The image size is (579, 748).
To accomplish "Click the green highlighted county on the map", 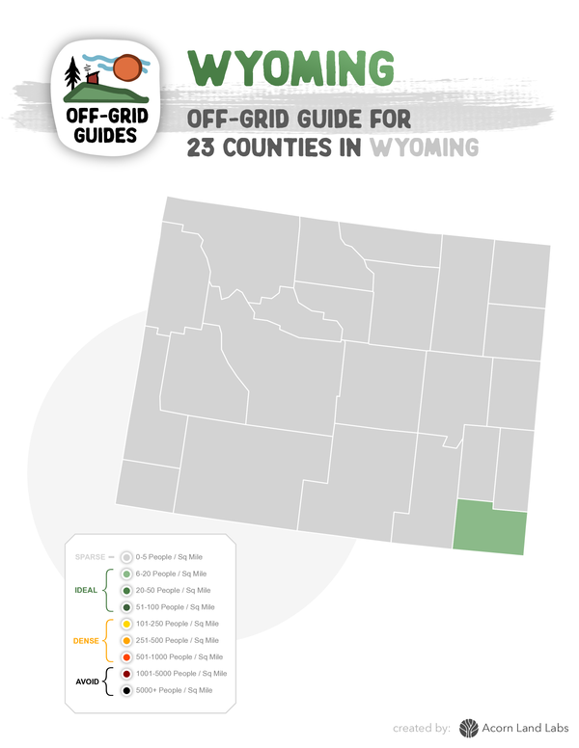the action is (491, 527).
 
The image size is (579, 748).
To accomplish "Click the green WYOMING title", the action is (291, 67).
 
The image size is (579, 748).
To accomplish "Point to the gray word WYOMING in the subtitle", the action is (425, 148).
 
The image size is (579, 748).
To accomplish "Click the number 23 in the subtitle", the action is (207, 148).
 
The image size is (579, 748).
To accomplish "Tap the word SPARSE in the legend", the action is (90, 556).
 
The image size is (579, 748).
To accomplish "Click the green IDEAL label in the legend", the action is (86, 590).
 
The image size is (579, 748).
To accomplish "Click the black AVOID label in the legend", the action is (88, 681).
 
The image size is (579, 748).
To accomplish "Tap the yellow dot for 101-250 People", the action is (126, 624).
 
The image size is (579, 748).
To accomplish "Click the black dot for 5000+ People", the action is (126, 690).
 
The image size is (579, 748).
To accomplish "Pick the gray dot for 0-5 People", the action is (126, 556).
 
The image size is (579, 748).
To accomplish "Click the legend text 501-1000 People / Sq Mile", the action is (179, 657).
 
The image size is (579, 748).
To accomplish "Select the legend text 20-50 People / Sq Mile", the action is (174, 590).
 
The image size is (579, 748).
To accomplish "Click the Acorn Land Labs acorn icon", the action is (469, 728).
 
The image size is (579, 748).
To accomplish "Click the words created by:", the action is (423, 729).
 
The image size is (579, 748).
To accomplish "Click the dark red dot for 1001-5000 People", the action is (126, 674).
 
